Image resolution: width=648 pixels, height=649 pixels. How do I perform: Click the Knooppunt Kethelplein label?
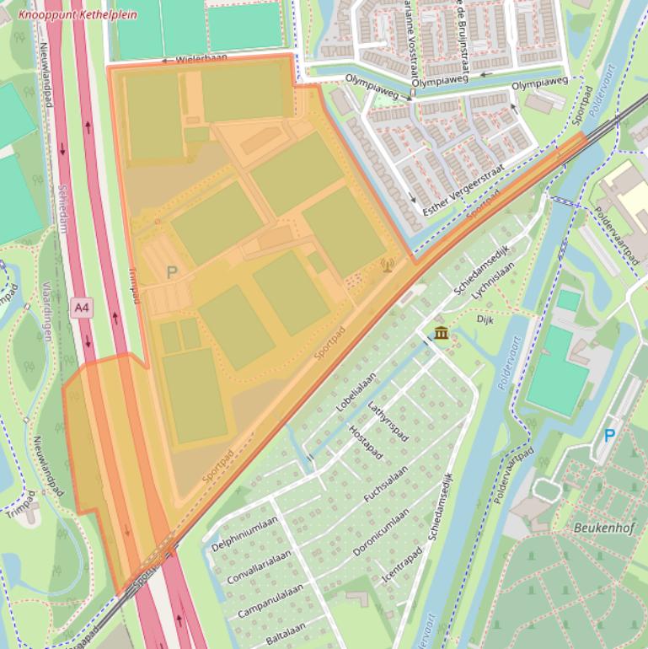click(x=78, y=15)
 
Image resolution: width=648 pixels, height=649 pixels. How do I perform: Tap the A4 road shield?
click(x=81, y=308)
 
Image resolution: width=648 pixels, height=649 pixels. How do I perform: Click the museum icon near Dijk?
click(x=441, y=335)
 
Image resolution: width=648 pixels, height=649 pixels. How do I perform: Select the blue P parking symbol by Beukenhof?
click(x=609, y=436)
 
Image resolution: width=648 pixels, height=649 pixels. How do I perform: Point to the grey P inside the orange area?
click(x=172, y=272)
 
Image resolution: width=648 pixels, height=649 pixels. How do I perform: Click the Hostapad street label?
click(x=366, y=442)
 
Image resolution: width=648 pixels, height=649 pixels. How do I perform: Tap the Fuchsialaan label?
click(x=385, y=485)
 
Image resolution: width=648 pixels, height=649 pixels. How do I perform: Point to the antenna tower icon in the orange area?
click(x=388, y=266)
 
